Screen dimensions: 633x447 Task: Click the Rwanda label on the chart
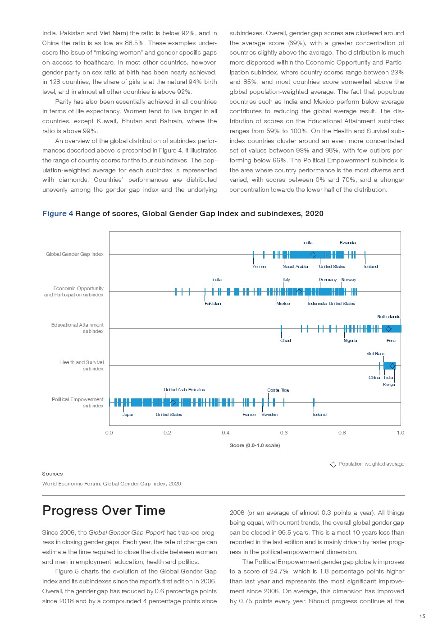347,243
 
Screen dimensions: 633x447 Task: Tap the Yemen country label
259,267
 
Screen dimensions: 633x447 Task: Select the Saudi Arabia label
296,267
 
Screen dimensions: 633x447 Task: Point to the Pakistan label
213,304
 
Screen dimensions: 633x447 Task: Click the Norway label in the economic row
348,280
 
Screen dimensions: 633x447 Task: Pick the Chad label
285,341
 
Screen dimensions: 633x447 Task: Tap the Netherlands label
388,317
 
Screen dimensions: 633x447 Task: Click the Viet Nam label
375,354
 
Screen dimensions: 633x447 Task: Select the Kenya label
389,385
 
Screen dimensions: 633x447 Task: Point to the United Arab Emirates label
184,390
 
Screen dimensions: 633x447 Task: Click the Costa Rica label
278,390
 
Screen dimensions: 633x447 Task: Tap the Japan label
128,415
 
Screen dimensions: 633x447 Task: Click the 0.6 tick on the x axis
284,433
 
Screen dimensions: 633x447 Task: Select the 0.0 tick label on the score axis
109,433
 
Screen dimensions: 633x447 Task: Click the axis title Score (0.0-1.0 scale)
255,445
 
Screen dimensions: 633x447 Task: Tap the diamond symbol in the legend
333,464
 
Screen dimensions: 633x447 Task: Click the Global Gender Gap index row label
74,254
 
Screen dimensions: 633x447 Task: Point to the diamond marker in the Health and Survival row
392,366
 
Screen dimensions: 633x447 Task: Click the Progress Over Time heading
104,510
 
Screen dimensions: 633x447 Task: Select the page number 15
422,616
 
